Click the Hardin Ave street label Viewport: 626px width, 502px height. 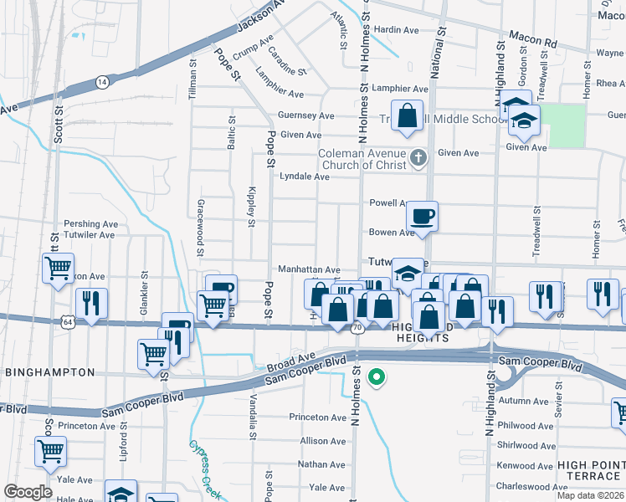point(396,30)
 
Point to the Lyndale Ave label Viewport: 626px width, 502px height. point(304,177)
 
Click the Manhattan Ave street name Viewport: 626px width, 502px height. point(309,270)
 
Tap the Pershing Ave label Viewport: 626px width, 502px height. point(92,224)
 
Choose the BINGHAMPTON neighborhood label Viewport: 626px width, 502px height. point(49,371)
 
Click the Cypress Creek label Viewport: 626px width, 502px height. point(206,469)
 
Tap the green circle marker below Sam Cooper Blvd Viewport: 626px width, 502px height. point(377,377)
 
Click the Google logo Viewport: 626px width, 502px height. point(28,492)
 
